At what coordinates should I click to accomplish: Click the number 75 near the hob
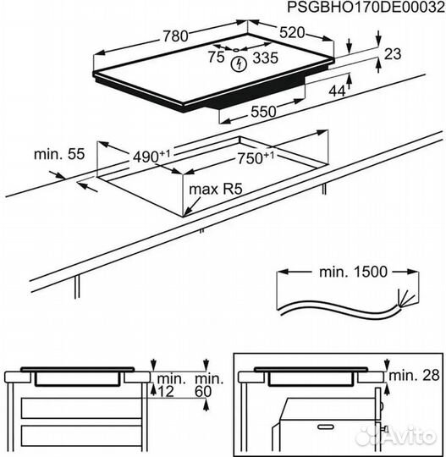pos(216,58)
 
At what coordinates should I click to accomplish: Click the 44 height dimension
pos(338,91)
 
